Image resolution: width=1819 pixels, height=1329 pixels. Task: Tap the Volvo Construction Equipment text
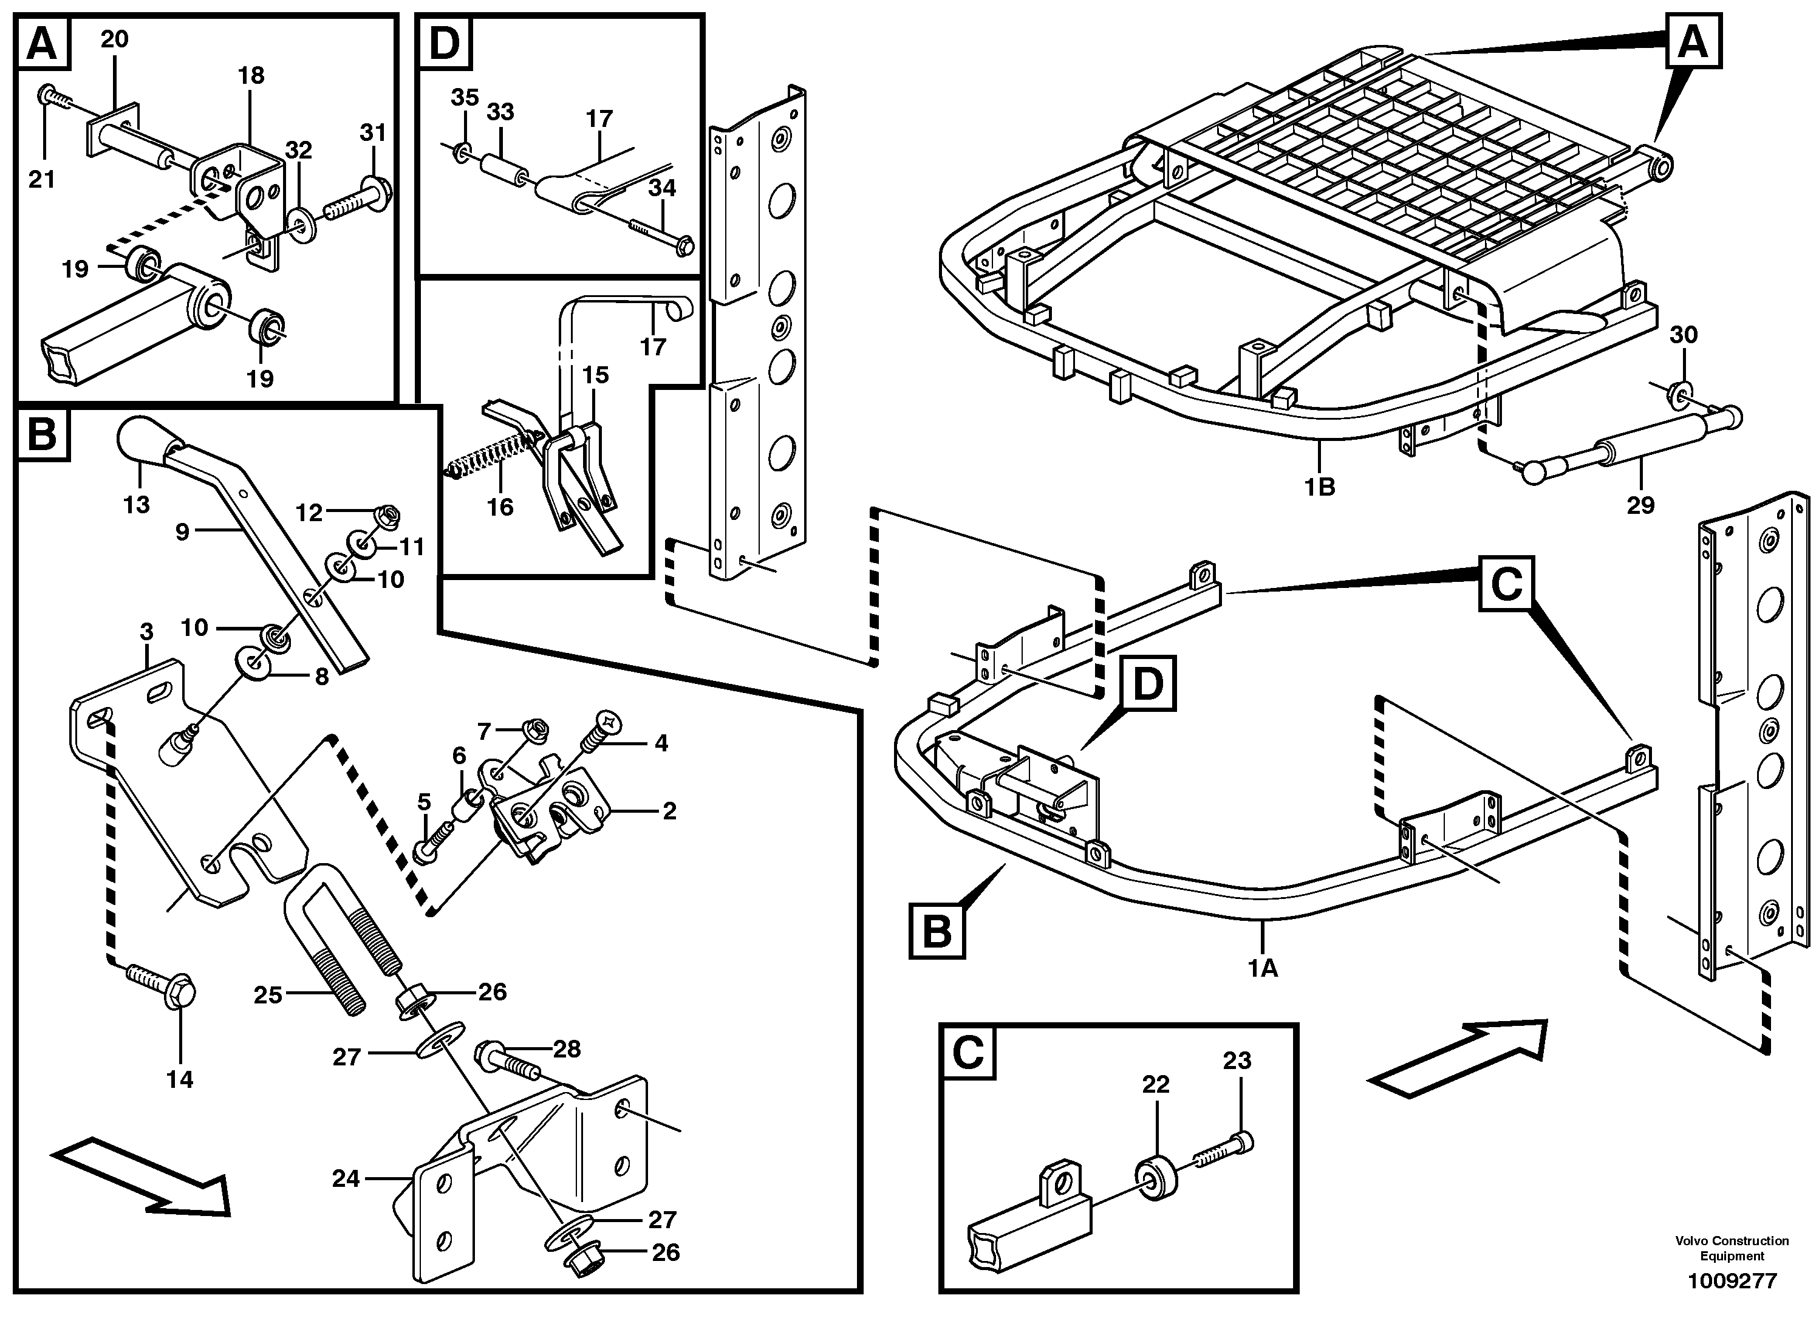click(1732, 1249)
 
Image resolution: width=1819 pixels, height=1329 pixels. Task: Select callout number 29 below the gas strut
click(1640, 505)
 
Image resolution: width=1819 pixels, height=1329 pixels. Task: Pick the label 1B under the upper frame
click(1319, 487)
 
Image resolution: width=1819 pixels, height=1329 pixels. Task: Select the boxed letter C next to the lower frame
click(1506, 583)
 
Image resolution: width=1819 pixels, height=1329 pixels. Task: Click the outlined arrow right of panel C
click(1456, 1058)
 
